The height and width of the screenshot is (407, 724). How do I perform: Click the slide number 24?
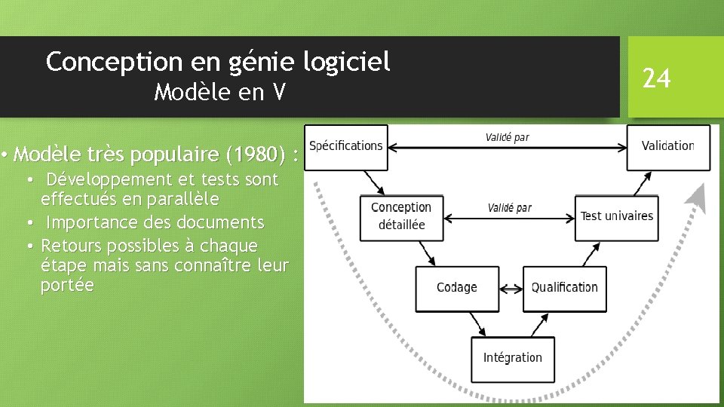click(656, 78)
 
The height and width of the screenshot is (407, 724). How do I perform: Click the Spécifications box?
click(346, 146)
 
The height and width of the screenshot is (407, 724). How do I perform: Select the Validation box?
click(667, 146)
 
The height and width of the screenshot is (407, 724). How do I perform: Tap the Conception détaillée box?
click(401, 216)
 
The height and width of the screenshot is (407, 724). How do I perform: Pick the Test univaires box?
click(616, 217)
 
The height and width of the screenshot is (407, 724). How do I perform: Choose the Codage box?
click(456, 288)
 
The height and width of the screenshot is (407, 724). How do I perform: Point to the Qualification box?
click(564, 288)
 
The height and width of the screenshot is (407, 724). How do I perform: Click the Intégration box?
click(512, 358)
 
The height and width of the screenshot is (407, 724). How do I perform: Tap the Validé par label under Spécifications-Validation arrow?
click(507, 137)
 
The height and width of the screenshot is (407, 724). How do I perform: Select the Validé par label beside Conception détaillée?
click(509, 207)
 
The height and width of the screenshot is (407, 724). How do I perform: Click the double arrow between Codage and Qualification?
click(511, 288)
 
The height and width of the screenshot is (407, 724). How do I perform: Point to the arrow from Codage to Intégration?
click(480, 324)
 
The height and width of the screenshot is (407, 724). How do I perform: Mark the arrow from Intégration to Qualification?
click(541, 324)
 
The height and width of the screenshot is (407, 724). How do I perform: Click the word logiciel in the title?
click(346, 62)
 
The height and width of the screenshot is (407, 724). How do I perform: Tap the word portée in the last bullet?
click(67, 286)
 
